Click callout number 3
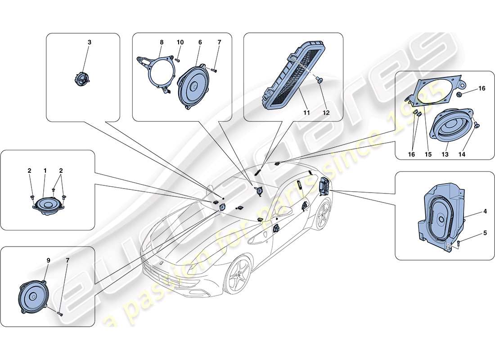(x=89, y=42)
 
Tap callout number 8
(x=162, y=42)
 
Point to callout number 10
(x=180, y=42)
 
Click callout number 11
(x=306, y=113)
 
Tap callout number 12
(x=326, y=113)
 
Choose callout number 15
(x=427, y=154)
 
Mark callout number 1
(x=45, y=171)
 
